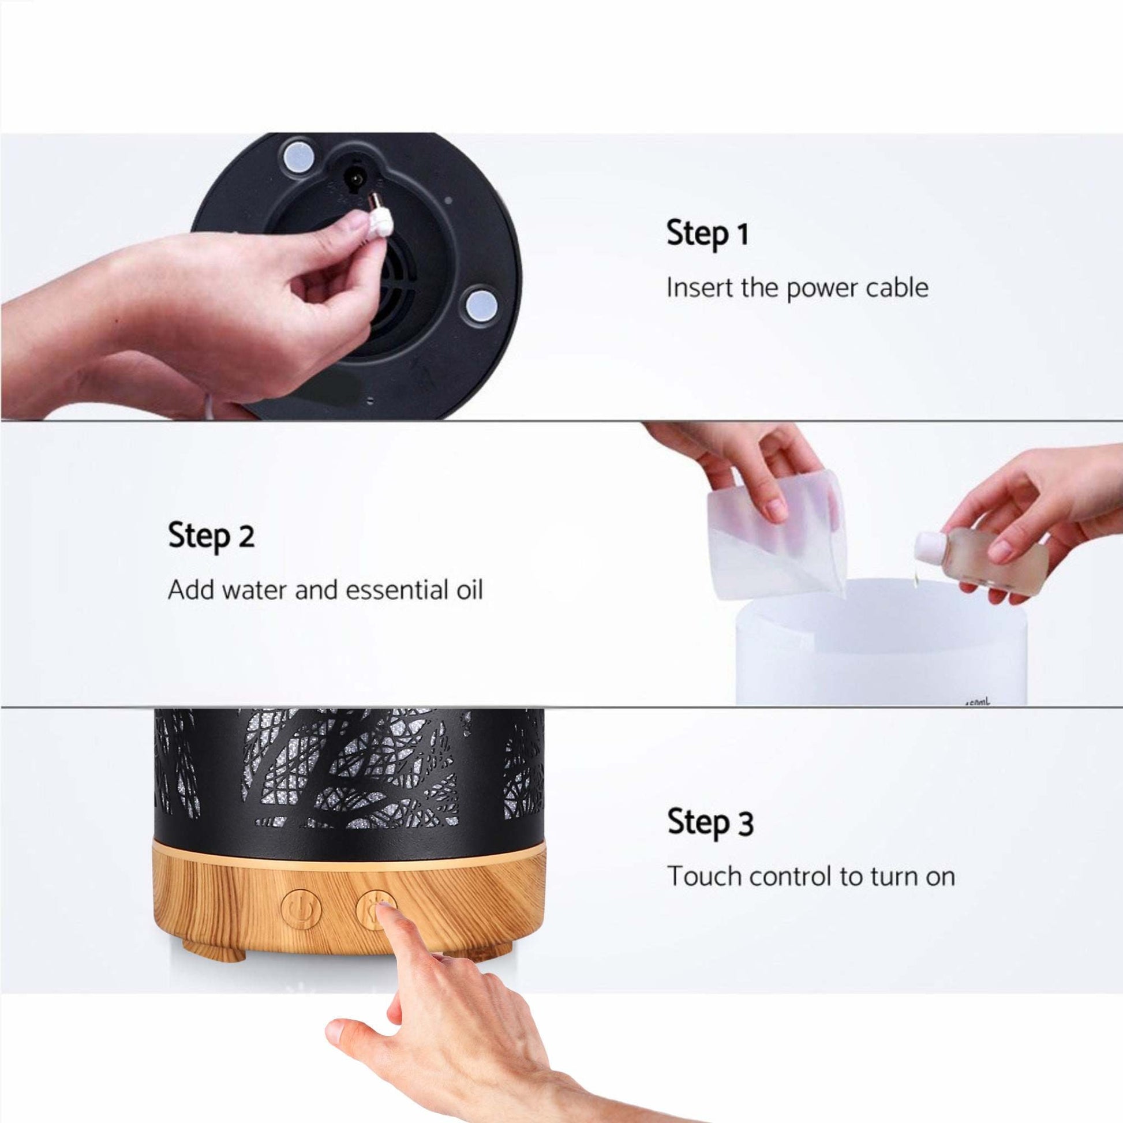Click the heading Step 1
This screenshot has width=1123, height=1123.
(707, 234)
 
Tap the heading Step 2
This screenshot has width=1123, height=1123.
(211, 536)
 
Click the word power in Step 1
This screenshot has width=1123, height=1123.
(821, 289)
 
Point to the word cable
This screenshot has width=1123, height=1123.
(896, 288)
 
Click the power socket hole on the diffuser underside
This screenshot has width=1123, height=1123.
(353, 174)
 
